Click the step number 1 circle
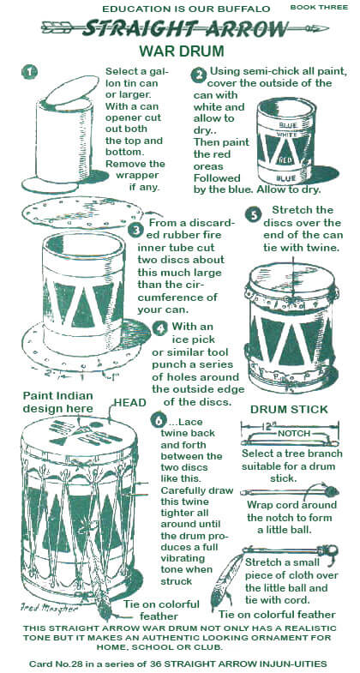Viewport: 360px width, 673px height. coord(30,72)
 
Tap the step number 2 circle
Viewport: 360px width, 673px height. coord(198,75)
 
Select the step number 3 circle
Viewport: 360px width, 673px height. coord(135,230)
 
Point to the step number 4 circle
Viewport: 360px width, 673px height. coord(160,328)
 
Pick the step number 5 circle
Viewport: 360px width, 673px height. coord(253,215)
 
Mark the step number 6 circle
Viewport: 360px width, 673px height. coord(159,422)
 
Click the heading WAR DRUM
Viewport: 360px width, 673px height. coord(182,51)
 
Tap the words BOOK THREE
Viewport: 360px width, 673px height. coord(319,8)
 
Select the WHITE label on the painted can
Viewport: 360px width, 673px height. coord(288,135)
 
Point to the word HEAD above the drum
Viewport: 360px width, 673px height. coord(130,403)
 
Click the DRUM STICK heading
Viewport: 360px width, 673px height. coord(289,410)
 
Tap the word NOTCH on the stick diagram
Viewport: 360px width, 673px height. coord(294,434)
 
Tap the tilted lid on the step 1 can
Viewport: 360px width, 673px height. coord(72,89)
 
